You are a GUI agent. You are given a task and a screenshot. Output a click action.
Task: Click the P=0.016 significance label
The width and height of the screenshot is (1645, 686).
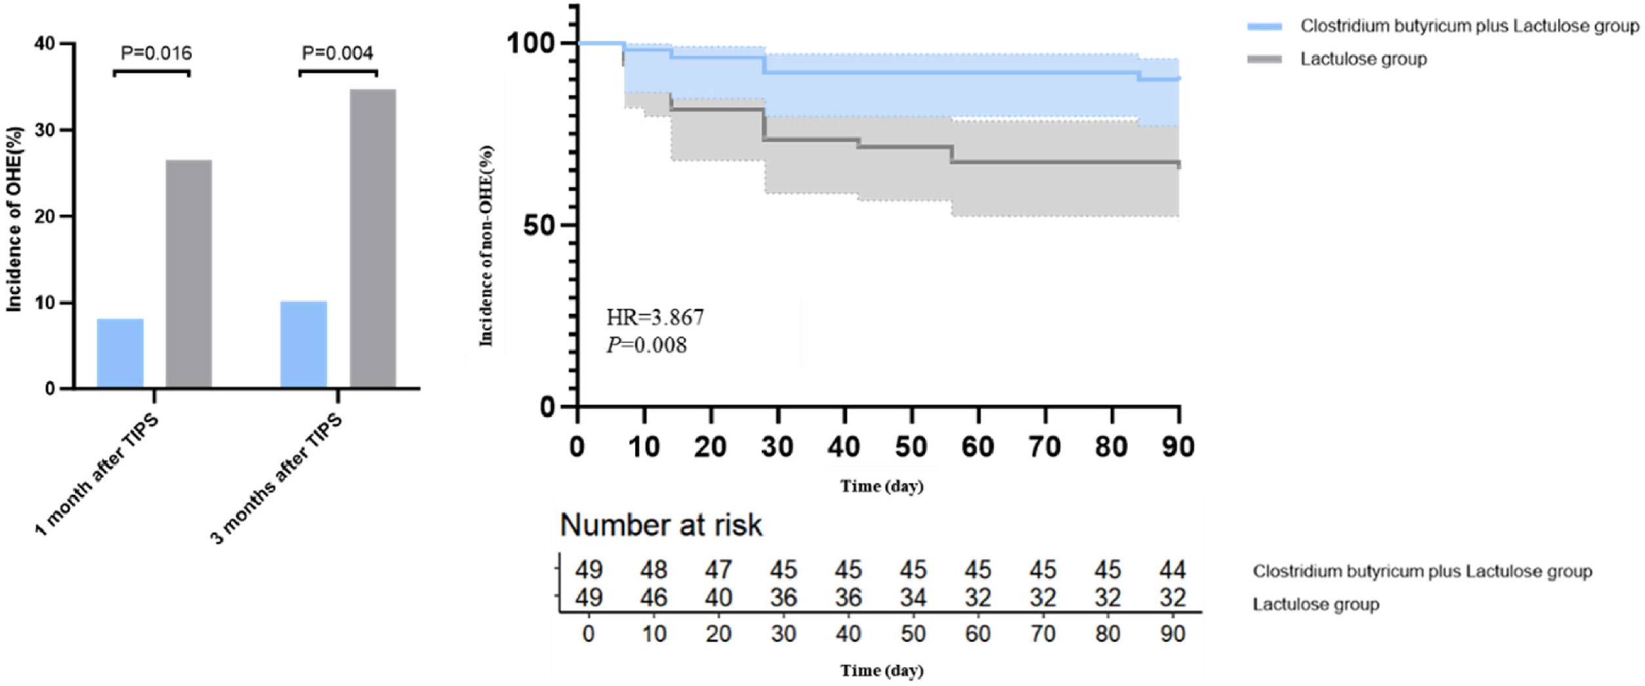pyautogui.click(x=156, y=53)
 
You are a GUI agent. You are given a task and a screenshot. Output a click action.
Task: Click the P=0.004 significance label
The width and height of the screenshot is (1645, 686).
pyautogui.click(x=337, y=53)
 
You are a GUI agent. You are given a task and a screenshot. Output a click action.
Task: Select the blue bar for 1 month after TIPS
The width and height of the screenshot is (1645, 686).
pyautogui.click(x=120, y=353)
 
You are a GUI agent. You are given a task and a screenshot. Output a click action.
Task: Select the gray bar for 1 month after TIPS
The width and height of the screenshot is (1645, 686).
pyautogui.click(x=189, y=274)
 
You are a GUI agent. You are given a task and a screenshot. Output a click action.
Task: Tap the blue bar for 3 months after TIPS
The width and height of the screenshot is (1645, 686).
pyautogui.click(x=304, y=345)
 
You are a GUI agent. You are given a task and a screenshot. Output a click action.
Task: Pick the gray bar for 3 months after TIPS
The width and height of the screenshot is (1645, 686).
pyautogui.click(x=373, y=239)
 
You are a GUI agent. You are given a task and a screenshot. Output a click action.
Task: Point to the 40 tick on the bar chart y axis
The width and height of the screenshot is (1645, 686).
pyautogui.click(x=45, y=44)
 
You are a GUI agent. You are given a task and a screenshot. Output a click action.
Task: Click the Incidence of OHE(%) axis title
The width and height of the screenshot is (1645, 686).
pyautogui.click(x=14, y=219)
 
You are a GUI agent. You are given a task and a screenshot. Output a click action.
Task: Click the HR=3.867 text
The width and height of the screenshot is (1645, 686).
pyautogui.click(x=655, y=318)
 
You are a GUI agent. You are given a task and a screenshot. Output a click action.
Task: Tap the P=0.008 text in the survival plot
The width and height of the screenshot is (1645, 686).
pyautogui.click(x=647, y=346)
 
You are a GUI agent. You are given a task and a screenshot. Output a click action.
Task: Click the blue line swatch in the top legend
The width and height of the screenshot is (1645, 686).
pyautogui.click(x=1264, y=26)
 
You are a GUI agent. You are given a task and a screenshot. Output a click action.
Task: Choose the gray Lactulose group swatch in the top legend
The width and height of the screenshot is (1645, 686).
pyautogui.click(x=1264, y=60)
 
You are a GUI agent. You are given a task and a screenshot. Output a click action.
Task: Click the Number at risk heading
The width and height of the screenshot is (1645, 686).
pyautogui.click(x=661, y=525)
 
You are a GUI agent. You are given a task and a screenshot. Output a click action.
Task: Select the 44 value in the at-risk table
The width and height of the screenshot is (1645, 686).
pyautogui.click(x=1172, y=570)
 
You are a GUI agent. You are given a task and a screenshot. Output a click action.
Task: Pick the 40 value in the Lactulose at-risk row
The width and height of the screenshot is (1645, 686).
pyautogui.click(x=719, y=597)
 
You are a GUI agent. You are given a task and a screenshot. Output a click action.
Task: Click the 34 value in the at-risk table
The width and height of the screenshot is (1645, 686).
pyautogui.click(x=913, y=597)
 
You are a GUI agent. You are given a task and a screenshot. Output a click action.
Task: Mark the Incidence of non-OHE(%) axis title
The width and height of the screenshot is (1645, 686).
pyautogui.click(x=486, y=245)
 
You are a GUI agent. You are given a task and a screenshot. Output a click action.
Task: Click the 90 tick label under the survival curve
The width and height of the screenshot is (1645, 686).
pyautogui.click(x=1178, y=447)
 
